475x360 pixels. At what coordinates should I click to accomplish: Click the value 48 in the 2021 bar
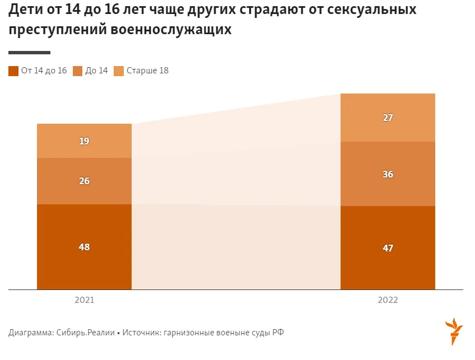click(84, 247)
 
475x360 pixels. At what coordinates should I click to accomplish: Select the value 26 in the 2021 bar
click(84, 181)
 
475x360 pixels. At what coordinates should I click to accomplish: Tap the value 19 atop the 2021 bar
click(84, 141)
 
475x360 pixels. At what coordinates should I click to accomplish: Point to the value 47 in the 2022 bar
click(388, 248)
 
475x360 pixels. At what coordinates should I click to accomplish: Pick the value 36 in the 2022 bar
click(388, 174)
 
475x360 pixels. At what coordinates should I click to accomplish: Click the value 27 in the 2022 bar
click(388, 118)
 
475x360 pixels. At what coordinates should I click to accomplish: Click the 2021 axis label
click(84, 300)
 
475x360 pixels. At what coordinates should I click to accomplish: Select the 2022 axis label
click(388, 300)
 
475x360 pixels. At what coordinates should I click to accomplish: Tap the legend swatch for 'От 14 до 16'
click(13, 71)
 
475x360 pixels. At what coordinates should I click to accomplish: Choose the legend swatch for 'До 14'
click(78, 71)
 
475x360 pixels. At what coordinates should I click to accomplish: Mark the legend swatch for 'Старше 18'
click(119, 71)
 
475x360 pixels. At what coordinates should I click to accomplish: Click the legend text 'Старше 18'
click(147, 71)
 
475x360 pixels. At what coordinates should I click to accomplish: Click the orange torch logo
click(453, 331)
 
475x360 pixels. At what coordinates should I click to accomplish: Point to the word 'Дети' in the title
click(25, 11)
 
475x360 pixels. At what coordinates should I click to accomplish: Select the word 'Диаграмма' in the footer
click(31, 333)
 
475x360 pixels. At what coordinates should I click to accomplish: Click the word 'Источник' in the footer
click(139, 333)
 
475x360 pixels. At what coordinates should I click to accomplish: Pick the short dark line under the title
click(29, 53)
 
